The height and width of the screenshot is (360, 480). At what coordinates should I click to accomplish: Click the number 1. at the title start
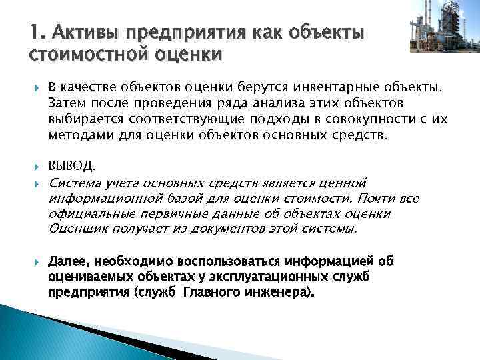[x=37, y=31]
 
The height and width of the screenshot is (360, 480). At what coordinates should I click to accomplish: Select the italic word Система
[x=72, y=182]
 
